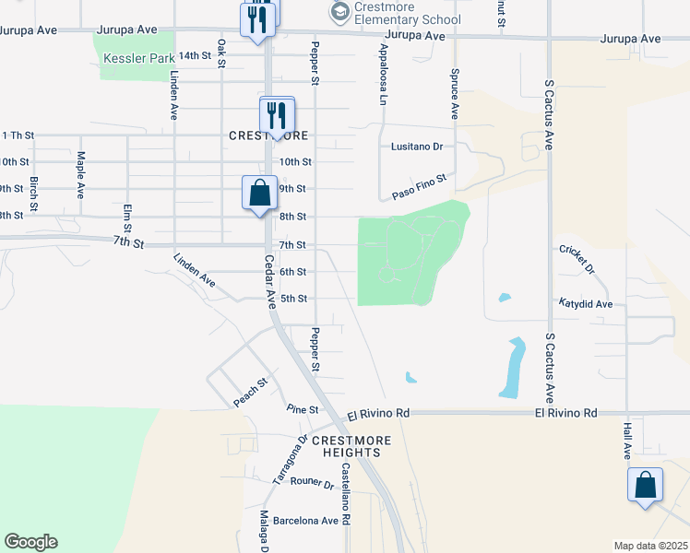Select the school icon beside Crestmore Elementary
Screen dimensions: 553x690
pyautogui.click(x=339, y=12)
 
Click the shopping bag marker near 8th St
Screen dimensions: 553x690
pyautogui.click(x=259, y=194)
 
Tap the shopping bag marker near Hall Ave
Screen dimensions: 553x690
pyautogui.click(x=645, y=486)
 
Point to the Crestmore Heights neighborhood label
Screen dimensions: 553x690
pyautogui.click(x=346, y=446)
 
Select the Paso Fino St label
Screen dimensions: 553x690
pyautogui.click(x=419, y=187)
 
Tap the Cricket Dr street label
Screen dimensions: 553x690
pyautogui.click(x=577, y=259)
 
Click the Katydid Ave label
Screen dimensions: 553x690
pyautogui.click(x=586, y=303)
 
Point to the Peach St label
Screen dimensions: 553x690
pyautogui.click(x=250, y=393)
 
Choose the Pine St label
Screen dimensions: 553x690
pyautogui.click(x=302, y=409)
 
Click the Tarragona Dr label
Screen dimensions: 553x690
pyautogui.click(x=288, y=461)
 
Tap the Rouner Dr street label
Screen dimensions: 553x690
pyautogui.click(x=311, y=481)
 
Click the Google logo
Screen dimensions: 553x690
pyautogui.click(x=30, y=542)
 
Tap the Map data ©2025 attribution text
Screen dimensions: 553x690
pyautogui.click(x=650, y=546)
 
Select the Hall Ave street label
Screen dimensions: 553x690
pyautogui.click(x=626, y=439)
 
